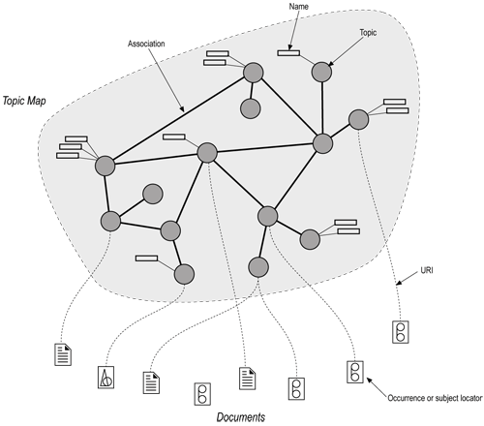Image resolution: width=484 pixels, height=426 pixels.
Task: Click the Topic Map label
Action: [30, 101]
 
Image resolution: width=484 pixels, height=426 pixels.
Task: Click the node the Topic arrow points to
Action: [321, 71]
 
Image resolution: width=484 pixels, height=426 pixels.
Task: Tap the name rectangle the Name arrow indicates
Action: [288, 51]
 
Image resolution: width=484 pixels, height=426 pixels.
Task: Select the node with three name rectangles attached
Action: [106, 166]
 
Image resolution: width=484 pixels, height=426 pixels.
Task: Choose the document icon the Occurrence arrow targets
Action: [354, 371]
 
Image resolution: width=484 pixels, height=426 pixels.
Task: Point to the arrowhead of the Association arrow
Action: [182, 110]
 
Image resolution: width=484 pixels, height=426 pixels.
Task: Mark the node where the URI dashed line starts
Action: [358, 120]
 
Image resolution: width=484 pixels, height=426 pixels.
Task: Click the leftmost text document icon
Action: [64, 353]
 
